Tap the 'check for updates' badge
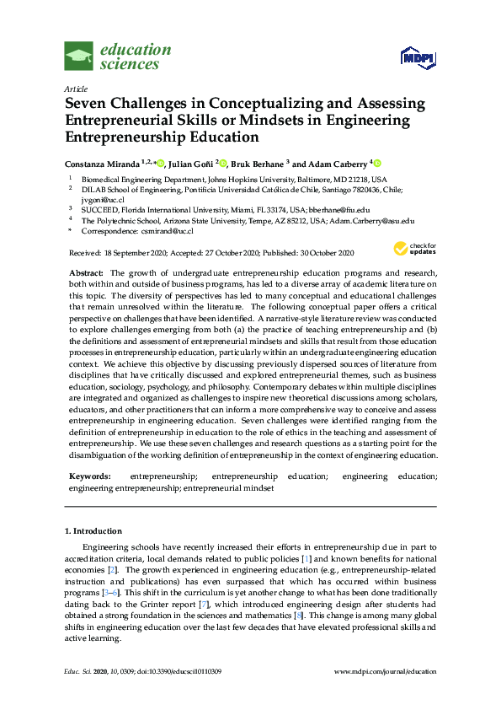[x=413, y=248]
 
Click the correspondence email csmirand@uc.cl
[x=167, y=230]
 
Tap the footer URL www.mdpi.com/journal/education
[x=385, y=670]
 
